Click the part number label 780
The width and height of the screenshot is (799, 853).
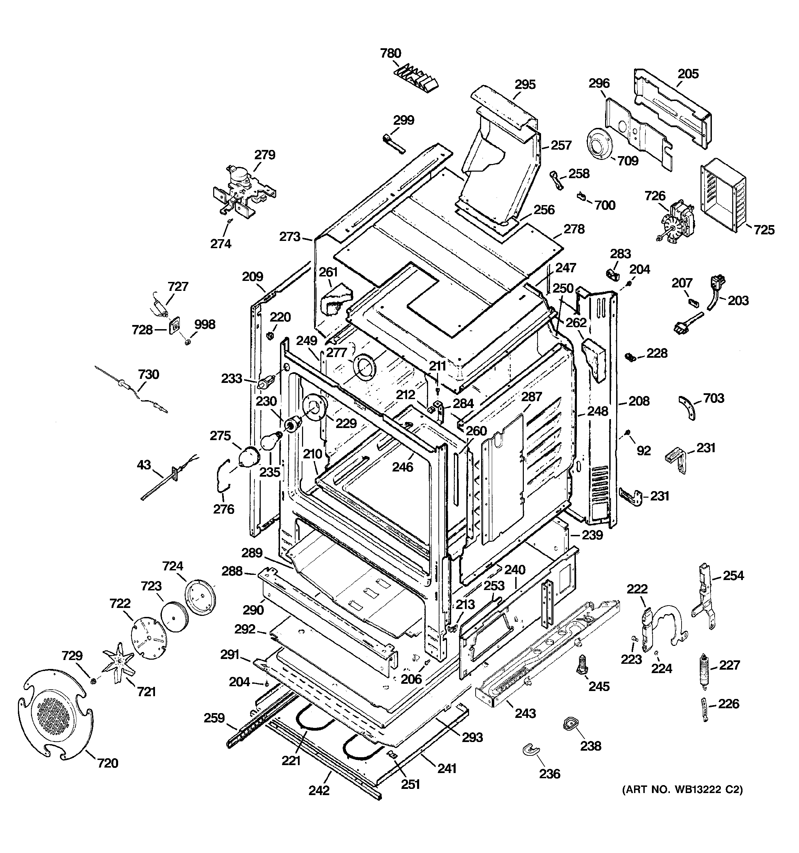tap(390, 53)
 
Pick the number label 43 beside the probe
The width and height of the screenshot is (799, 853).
tap(144, 465)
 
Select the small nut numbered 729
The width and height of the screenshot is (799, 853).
tap(92, 681)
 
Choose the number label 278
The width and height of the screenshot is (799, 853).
tap(574, 229)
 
